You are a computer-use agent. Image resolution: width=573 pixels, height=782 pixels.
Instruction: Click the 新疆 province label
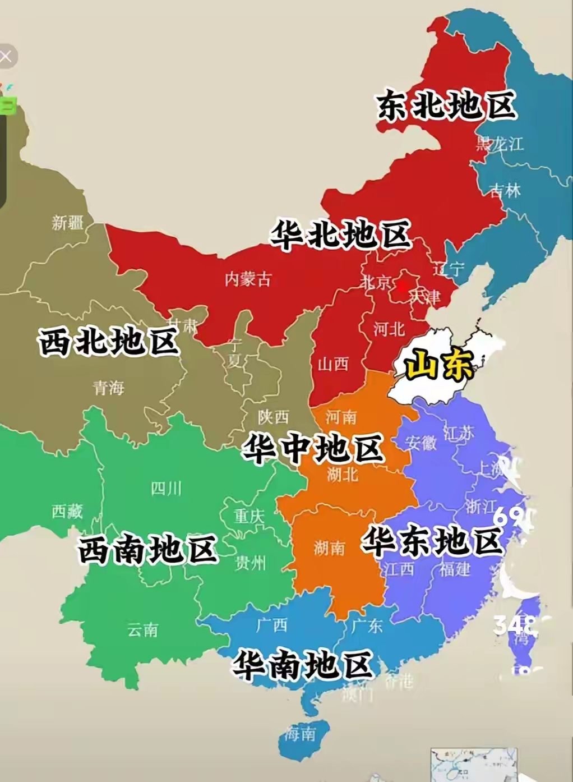[x=68, y=223]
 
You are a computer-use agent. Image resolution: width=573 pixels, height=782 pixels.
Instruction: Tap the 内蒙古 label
[x=248, y=279]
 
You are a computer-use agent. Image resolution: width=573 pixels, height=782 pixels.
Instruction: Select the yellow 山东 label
[x=439, y=365]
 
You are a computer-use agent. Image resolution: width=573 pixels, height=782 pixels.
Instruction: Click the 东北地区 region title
[x=446, y=105]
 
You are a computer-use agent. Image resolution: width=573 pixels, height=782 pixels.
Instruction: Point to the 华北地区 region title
[x=341, y=234]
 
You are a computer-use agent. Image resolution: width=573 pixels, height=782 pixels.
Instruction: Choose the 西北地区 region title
[x=109, y=341]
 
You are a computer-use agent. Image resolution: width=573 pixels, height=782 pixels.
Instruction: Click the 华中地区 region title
[x=313, y=448]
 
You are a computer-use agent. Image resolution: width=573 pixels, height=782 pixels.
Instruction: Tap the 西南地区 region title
[x=147, y=549]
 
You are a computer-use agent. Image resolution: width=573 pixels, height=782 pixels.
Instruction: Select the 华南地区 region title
[x=303, y=665]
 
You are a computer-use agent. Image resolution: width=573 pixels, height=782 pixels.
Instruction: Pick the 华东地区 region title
[x=431, y=541]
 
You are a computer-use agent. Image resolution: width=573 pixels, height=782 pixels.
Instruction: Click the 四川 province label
[x=166, y=489]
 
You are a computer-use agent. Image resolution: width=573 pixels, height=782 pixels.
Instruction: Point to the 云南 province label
[x=142, y=630]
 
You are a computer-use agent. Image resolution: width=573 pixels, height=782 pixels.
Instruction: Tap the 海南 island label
[x=299, y=733]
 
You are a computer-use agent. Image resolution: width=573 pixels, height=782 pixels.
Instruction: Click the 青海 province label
[x=108, y=388]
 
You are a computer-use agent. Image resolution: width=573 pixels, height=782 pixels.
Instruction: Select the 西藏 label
[x=67, y=511]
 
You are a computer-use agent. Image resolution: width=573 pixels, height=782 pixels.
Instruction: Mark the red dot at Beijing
[x=402, y=286]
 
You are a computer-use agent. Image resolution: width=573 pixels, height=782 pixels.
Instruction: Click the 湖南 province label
[x=329, y=548]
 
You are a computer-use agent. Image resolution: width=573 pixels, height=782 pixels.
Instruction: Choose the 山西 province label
[x=333, y=364]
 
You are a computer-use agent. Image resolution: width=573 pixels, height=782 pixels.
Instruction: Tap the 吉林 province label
[x=505, y=191]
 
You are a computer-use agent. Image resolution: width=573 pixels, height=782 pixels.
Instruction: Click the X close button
[x=6, y=57]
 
